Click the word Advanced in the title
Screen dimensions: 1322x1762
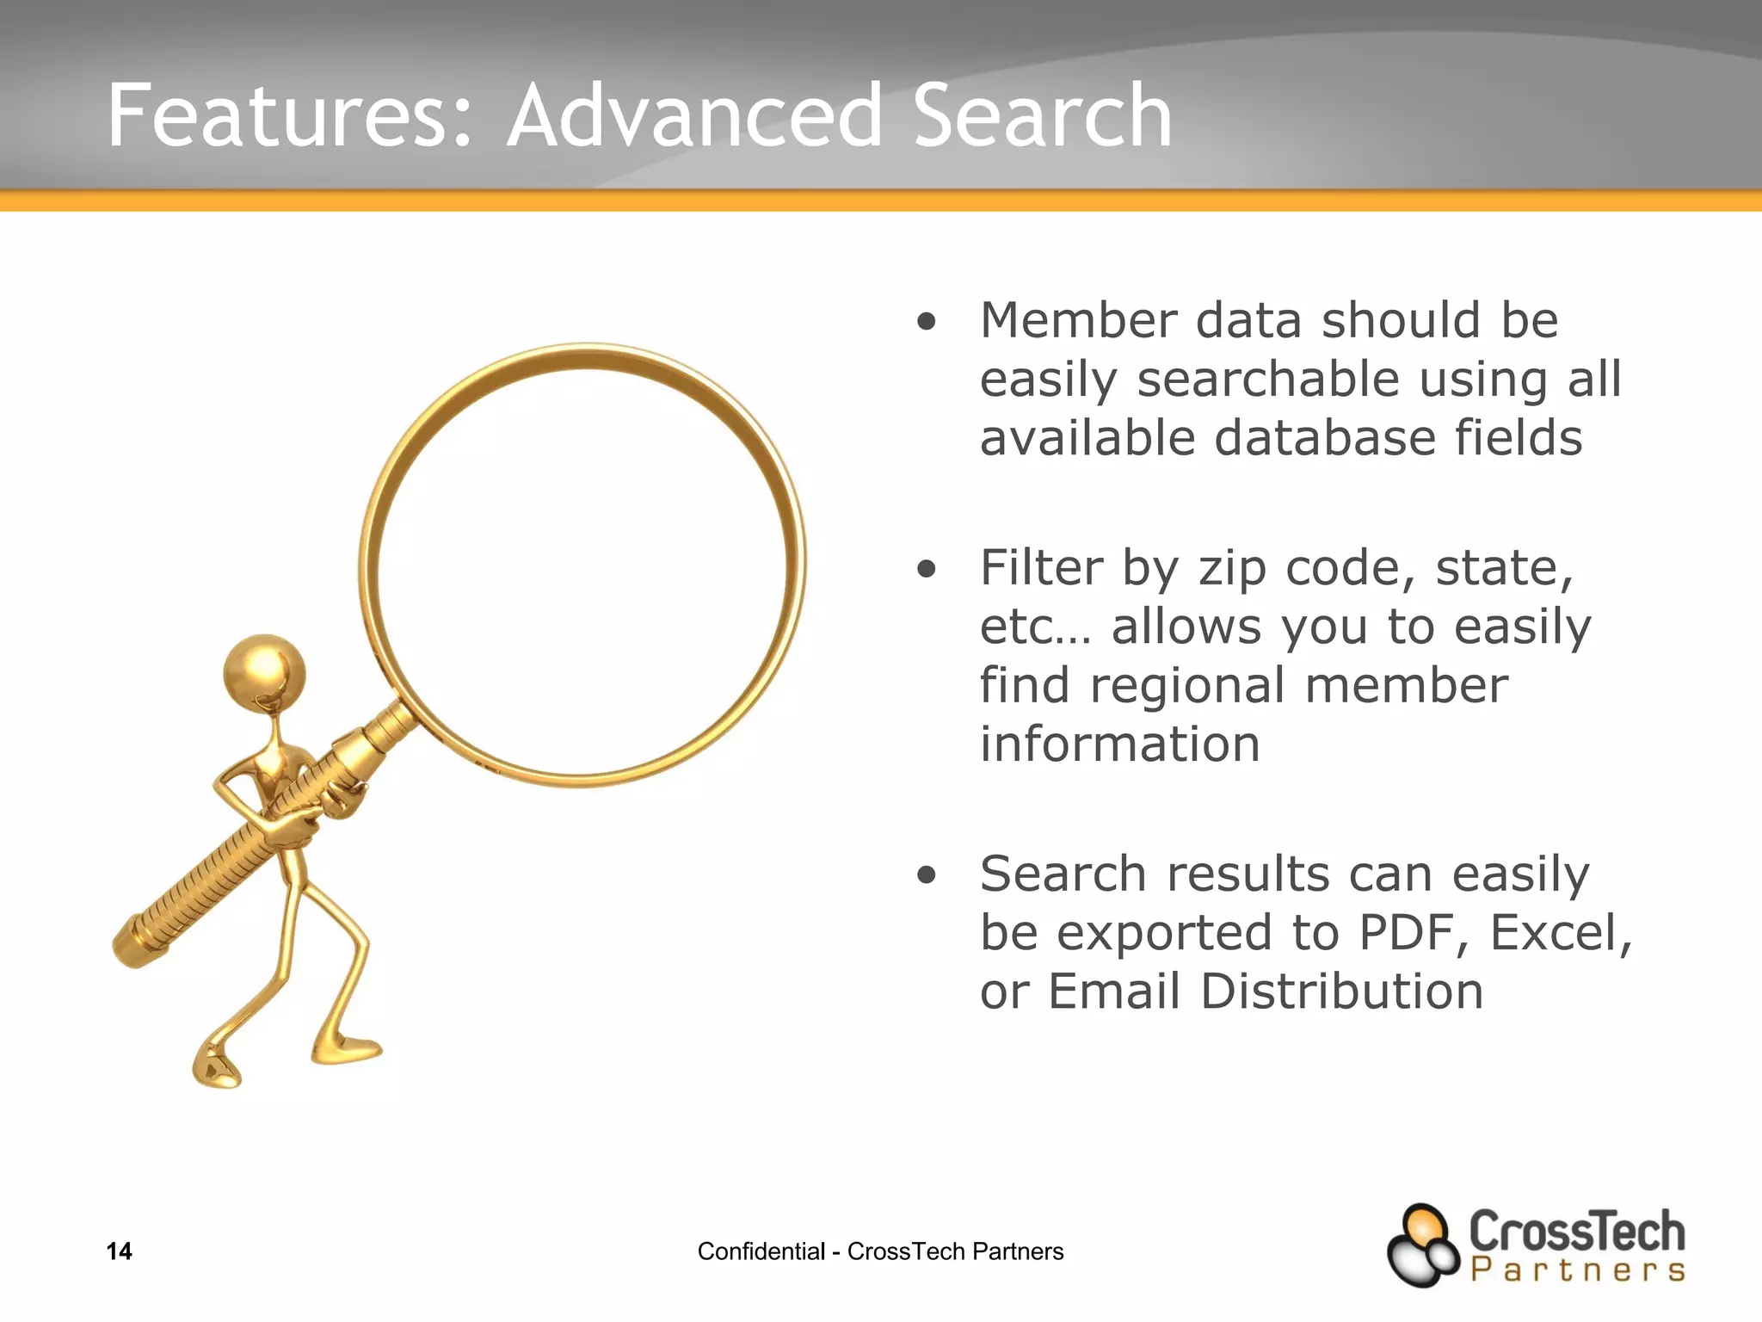pos(695,116)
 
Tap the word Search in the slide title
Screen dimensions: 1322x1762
pos(1042,116)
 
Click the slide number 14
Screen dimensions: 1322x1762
pos(119,1251)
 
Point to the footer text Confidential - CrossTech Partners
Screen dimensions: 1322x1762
pos(880,1251)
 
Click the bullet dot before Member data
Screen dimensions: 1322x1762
pos(926,323)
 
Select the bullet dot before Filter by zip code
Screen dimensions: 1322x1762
pos(926,569)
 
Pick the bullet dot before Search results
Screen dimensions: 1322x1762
pos(926,876)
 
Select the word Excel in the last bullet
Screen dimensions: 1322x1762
pos(1556,933)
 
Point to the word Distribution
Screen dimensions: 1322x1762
pos(1341,991)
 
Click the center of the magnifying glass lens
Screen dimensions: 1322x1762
pos(582,565)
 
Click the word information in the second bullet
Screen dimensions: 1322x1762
pos(1119,744)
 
